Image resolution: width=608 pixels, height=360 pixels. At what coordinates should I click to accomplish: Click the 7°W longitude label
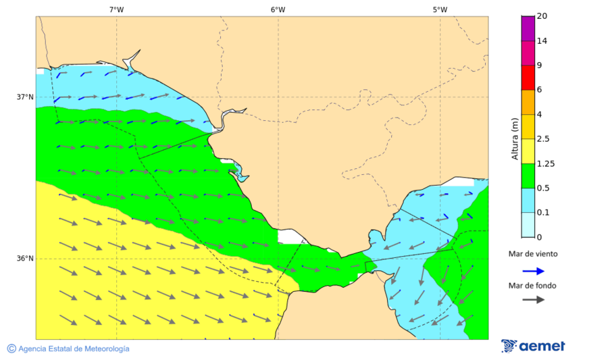tap(116, 9)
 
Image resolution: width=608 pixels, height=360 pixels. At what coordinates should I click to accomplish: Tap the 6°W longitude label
tap(278, 9)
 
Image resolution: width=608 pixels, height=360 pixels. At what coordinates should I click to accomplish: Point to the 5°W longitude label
tap(440, 9)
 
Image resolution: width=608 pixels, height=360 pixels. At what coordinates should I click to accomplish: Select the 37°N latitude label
tap(25, 97)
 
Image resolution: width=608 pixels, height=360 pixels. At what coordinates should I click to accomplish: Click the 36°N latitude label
tap(25, 259)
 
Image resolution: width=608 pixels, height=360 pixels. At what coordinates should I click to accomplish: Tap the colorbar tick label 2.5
tap(543, 139)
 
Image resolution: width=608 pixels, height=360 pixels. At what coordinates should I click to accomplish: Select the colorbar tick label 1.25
tap(545, 163)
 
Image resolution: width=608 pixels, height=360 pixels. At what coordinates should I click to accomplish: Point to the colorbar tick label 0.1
tap(543, 213)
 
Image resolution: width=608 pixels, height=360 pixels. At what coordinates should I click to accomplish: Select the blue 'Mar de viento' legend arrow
tap(533, 271)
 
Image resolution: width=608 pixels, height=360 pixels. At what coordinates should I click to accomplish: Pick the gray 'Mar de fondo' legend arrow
tap(533, 299)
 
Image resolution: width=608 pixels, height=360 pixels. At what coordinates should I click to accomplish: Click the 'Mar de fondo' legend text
tap(533, 286)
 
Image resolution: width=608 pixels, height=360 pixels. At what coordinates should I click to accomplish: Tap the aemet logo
tap(533, 346)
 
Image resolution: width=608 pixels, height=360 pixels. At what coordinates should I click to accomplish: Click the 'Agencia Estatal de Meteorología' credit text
tap(74, 349)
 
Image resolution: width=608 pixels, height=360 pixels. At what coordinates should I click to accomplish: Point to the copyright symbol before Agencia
tap(11, 349)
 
